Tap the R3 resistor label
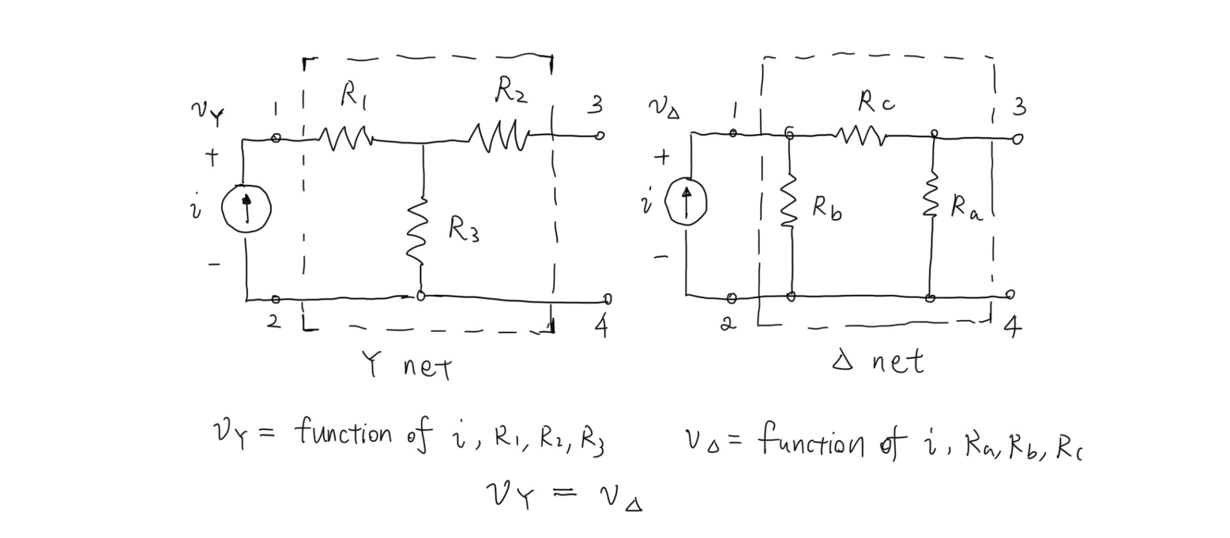[x=463, y=230]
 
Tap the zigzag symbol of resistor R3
[x=421, y=231]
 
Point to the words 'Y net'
[x=408, y=368]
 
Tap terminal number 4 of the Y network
[x=600, y=327]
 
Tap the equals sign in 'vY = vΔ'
[x=565, y=496]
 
